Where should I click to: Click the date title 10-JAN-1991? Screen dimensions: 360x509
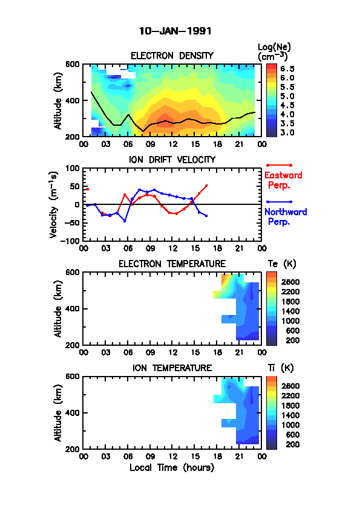pos(175,31)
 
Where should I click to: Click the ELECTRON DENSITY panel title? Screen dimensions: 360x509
pos(172,56)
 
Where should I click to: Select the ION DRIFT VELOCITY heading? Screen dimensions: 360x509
pos(172,160)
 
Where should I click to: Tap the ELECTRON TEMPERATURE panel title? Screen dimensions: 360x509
pos(172,264)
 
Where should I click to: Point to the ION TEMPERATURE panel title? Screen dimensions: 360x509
pos(172,368)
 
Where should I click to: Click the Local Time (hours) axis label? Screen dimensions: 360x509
pos(172,467)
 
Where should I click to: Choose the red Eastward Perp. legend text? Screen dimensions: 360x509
pos(283,180)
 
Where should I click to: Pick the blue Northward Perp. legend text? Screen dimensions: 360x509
pos(286,216)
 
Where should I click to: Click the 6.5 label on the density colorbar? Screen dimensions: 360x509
pos(287,69)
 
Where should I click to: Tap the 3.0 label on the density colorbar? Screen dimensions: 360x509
pos(287,132)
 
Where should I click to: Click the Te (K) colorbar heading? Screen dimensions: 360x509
pos(282,264)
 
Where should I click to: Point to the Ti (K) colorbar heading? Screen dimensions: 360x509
pos(281,368)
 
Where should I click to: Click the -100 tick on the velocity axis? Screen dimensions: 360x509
pos(71,241)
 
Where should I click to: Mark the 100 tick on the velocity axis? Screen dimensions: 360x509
pos(73,168)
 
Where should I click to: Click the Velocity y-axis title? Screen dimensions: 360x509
pos(54,204)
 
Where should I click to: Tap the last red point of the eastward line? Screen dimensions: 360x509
pos(206,186)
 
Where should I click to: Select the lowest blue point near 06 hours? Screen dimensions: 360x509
pos(125,221)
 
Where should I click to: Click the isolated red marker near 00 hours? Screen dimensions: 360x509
pos(87,189)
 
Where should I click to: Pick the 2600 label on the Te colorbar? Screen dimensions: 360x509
pos(290,282)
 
